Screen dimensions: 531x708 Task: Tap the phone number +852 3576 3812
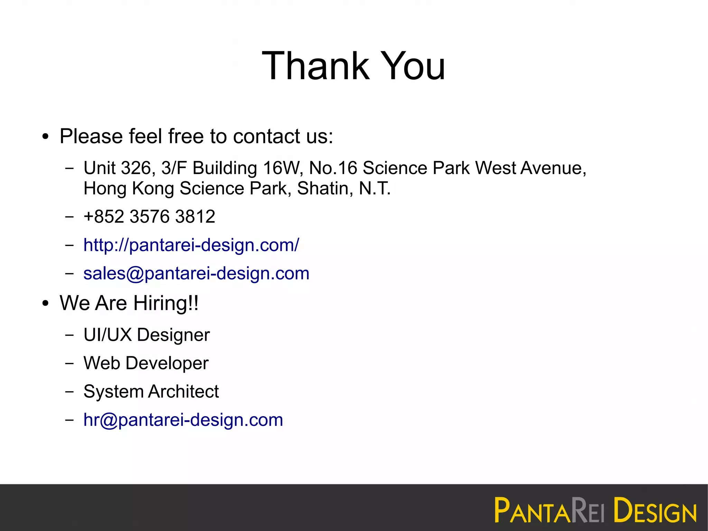[x=149, y=217]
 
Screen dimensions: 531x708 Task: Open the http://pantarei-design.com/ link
[x=191, y=245]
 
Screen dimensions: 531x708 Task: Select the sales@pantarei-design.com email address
[x=196, y=274]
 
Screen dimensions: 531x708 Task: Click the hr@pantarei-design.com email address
[x=183, y=420]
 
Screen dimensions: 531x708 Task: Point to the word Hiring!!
[x=166, y=303]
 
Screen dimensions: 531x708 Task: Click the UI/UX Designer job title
[x=147, y=335]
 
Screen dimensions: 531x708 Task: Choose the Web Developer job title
[x=146, y=364]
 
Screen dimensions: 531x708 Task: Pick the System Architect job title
[x=151, y=392]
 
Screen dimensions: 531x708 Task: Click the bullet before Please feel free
[x=46, y=137]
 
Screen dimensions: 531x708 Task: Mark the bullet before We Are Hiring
[x=46, y=304]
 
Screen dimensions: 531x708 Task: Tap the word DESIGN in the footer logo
[x=655, y=510]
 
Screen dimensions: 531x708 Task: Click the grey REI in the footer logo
[x=588, y=510]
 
